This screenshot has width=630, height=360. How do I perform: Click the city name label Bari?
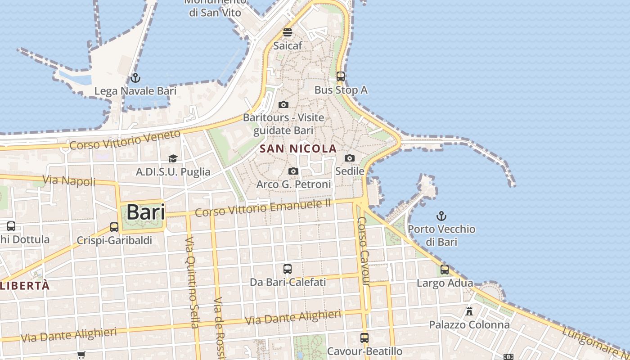pyautogui.click(x=145, y=212)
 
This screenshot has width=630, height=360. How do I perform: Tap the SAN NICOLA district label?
pyautogui.click(x=298, y=148)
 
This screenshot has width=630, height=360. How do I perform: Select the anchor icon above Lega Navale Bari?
pyautogui.click(x=135, y=78)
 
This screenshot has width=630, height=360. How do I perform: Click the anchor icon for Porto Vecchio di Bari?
pyautogui.click(x=441, y=216)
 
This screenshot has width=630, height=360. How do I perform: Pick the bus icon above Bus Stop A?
pyautogui.click(x=341, y=76)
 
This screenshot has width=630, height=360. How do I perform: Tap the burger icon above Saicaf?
pyautogui.click(x=288, y=32)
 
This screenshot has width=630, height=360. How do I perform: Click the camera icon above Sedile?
pyautogui.click(x=350, y=158)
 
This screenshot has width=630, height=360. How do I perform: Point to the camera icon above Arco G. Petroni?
pyautogui.click(x=293, y=171)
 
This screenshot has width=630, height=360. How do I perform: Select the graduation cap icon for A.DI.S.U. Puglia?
pyautogui.click(x=173, y=158)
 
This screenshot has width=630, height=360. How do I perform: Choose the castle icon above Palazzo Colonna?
pyautogui.click(x=469, y=311)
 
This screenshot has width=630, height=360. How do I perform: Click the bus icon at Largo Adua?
pyautogui.click(x=445, y=270)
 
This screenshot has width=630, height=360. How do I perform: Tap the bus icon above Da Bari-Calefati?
pyautogui.click(x=288, y=269)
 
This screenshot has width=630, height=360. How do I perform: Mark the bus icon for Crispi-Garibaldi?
pyautogui.click(x=114, y=227)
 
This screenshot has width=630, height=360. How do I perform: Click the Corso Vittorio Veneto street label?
pyautogui.click(x=125, y=139)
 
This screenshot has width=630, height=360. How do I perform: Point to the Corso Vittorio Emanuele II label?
pyautogui.click(x=263, y=208)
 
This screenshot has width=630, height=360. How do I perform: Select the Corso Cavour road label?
pyautogui.click(x=363, y=251)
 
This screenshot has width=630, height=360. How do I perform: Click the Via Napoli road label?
pyautogui.click(x=69, y=180)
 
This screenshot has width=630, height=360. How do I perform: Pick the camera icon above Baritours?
pyautogui.click(x=283, y=104)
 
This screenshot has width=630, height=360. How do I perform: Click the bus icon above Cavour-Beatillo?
pyautogui.click(x=364, y=337)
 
